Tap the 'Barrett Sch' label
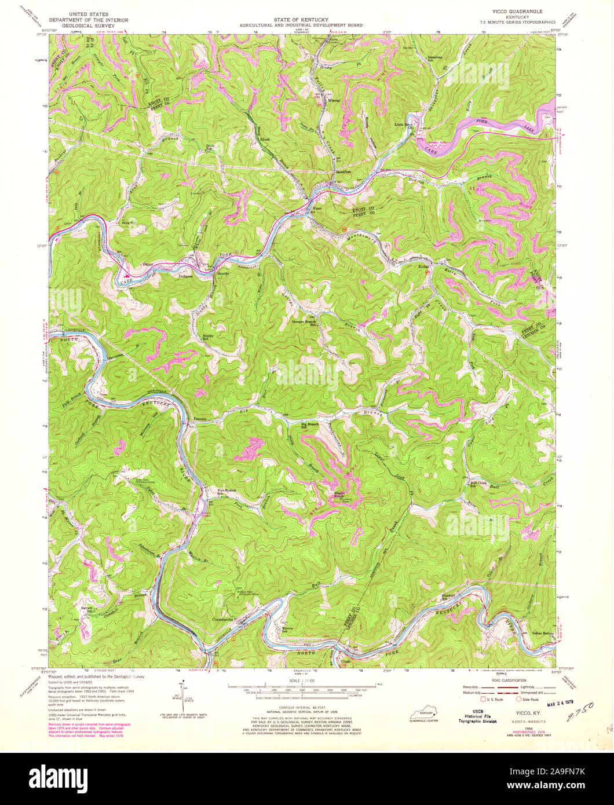pos(87,609)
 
